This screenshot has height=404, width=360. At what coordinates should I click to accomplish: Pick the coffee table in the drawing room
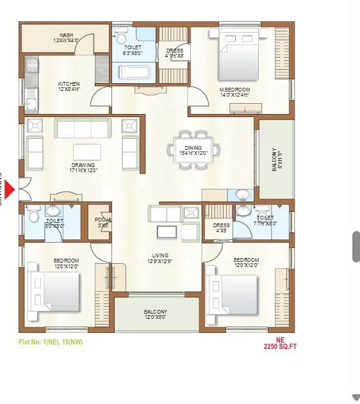[x=87, y=151]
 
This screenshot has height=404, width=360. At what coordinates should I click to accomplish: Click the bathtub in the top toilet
[x=133, y=72]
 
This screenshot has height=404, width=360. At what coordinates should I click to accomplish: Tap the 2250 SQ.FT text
[x=280, y=346]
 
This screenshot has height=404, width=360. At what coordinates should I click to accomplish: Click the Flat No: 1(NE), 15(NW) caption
[x=51, y=341]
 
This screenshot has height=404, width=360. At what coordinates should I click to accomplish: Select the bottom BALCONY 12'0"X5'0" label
[x=156, y=314]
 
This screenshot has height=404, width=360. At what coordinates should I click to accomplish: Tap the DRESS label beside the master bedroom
[x=174, y=53]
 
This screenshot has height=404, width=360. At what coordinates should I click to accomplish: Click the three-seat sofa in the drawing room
[x=83, y=128]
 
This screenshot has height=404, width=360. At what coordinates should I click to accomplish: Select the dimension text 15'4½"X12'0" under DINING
[x=194, y=153]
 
